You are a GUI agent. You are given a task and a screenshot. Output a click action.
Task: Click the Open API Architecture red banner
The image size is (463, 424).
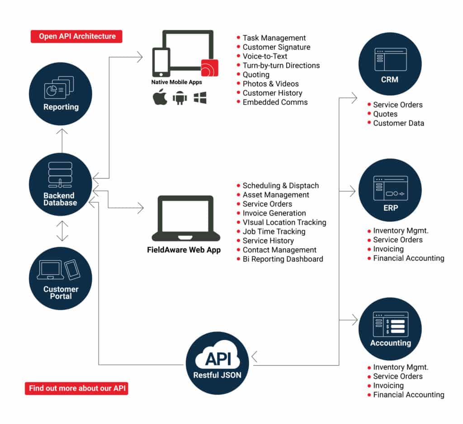coord(76,36)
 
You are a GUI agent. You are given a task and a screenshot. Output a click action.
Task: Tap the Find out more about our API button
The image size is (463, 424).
coord(76,388)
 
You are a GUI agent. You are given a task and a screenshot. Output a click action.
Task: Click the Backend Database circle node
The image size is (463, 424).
coord(60,185)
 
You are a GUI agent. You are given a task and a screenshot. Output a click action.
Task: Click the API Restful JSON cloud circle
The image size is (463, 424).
coord(217,363)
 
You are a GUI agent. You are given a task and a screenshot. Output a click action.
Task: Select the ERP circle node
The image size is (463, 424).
coord(390,190)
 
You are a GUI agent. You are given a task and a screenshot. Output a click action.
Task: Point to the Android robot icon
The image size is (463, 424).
coord(180,98)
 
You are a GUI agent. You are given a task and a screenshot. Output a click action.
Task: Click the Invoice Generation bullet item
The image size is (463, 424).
coord(274,213)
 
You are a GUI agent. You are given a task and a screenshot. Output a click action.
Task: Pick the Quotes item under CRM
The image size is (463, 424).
coord(385,114)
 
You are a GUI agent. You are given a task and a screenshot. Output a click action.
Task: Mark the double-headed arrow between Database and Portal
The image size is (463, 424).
coord(62,231)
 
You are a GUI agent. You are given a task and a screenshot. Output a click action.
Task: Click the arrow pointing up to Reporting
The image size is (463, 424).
coord(62,140)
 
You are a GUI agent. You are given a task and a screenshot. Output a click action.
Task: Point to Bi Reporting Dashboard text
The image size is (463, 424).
coord(283,259)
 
